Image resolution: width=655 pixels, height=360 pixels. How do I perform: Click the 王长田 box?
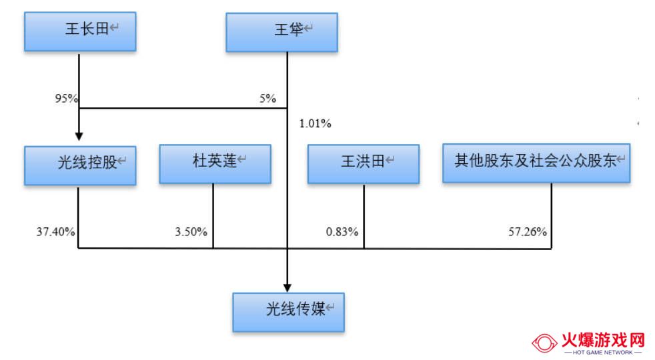80,32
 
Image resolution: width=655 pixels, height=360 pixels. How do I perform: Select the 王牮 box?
282,33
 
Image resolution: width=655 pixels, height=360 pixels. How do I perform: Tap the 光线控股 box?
80,165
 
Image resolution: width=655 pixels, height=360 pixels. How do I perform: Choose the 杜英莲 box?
215,164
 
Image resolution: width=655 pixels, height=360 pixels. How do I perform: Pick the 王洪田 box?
364,164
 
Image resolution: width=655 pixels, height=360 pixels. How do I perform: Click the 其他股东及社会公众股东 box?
536,163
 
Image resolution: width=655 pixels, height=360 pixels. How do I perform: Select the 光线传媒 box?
289,313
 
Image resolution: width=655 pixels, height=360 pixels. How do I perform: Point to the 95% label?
67,99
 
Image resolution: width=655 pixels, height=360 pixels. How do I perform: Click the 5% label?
267,99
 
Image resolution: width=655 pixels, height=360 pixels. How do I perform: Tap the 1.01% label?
315,123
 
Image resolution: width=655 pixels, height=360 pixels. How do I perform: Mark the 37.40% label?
55,232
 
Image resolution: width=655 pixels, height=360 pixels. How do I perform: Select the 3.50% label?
191,232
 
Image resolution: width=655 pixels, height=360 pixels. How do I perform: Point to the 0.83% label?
342,232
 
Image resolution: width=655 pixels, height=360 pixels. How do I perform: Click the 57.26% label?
528,232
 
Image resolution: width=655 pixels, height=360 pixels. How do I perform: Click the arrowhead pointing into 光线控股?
79,136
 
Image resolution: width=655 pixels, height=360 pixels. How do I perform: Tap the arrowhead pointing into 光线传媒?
287,288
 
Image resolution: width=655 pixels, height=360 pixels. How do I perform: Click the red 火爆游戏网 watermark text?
603,341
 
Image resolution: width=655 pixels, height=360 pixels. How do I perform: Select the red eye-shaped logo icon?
544,343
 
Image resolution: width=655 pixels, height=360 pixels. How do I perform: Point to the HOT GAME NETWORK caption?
603,353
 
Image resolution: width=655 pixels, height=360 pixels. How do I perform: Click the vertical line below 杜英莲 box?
213,216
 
